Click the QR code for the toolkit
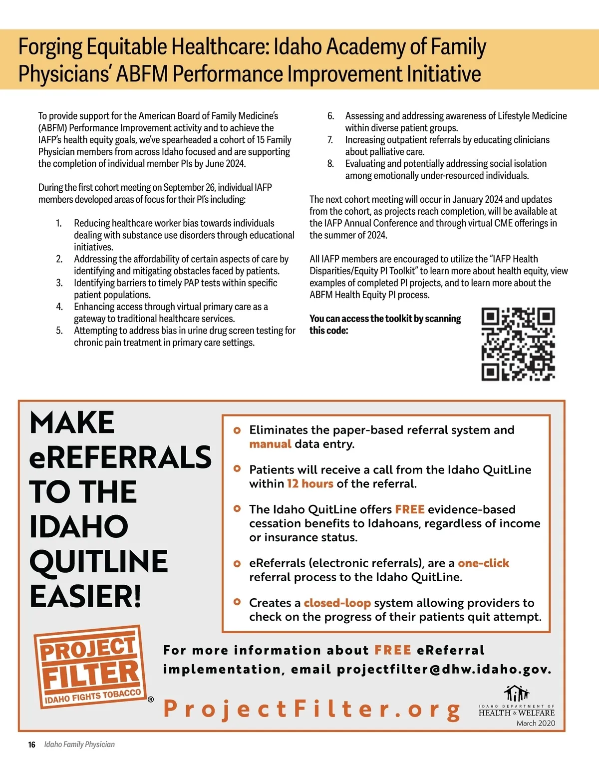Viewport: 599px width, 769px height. click(518, 344)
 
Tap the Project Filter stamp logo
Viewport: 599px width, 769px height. click(90, 666)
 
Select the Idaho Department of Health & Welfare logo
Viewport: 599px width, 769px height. click(517, 702)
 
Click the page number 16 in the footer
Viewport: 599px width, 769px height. click(31, 745)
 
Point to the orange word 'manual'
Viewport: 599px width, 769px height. click(270, 444)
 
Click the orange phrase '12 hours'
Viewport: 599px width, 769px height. click(310, 483)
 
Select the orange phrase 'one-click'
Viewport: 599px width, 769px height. click(483, 563)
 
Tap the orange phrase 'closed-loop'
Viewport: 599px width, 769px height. click(337, 603)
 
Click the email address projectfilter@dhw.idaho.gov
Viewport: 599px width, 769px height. click(444, 669)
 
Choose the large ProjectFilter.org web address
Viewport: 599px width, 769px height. click(312, 709)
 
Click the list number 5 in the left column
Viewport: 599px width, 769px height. click(59, 331)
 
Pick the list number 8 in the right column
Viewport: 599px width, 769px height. click(330, 164)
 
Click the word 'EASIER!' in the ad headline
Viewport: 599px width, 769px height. click(85, 596)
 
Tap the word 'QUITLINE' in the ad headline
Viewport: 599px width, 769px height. click(98, 561)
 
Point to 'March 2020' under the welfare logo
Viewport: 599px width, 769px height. click(536, 723)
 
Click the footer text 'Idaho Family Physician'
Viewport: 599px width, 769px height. click(79, 745)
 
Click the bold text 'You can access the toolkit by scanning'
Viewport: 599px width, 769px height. click(385, 319)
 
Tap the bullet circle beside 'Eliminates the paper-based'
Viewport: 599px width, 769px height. click(237, 430)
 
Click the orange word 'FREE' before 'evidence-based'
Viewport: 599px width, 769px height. click(409, 509)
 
